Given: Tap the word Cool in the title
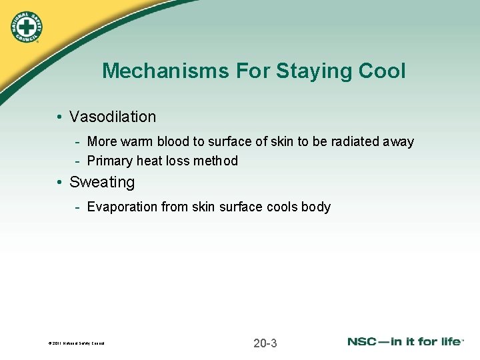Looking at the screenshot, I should pyautogui.click(x=382, y=71).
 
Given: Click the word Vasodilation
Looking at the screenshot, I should pyautogui.click(x=113, y=117).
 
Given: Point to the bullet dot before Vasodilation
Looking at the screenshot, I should pyautogui.click(x=60, y=117).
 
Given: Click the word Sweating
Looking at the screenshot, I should pyautogui.click(x=102, y=182).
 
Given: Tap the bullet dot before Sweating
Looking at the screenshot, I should pyautogui.click(x=60, y=183).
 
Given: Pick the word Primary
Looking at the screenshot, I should pyautogui.click(x=109, y=161).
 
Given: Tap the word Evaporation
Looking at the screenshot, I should pyautogui.click(x=123, y=207).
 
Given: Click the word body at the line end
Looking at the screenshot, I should pyautogui.click(x=316, y=207).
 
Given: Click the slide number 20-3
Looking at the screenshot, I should pyautogui.click(x=265, y=343).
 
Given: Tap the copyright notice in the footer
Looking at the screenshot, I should pyautogui.click(x=77, y=344).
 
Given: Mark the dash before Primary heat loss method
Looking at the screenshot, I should pyautogui.click(x=78, y=161).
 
